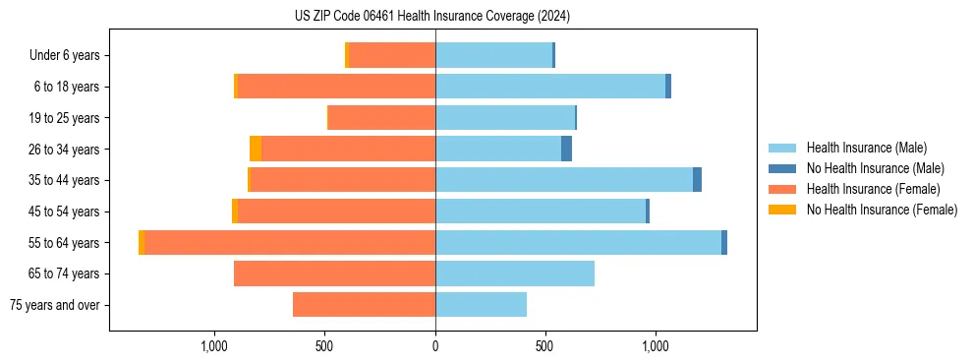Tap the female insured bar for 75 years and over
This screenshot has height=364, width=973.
(x=364, y=305)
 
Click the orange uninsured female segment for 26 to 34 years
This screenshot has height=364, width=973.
(x=256, y=149)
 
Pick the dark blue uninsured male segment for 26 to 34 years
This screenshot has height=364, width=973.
(x=566, y=149)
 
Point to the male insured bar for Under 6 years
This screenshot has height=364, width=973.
(x=493, y=55)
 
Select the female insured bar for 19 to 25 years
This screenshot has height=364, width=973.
(x=381, y=118)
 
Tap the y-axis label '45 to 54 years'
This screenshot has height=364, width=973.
(x=64, y=212)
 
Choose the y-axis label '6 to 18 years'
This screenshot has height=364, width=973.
(x=67, y=87)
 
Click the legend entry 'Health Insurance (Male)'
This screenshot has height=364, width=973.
(x=866, y=148)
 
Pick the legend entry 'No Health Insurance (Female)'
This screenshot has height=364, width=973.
(x=882, y=210)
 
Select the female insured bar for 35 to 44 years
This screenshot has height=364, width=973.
(x=343, y=180)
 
